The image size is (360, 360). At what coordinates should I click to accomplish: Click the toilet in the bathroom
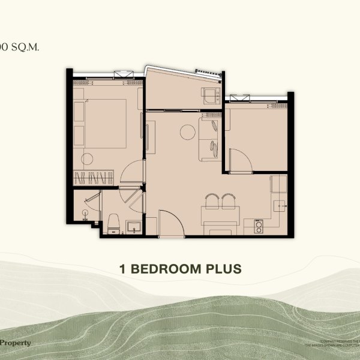click(112, 224)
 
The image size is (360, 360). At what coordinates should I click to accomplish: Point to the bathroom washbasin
click(134, 226)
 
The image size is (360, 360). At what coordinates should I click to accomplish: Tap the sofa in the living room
click(212, 138)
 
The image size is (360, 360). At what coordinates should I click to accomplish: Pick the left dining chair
click(212, 201)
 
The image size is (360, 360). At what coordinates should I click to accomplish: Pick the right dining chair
click(228, 201)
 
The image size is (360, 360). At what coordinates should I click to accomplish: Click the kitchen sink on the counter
click(280, 206)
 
